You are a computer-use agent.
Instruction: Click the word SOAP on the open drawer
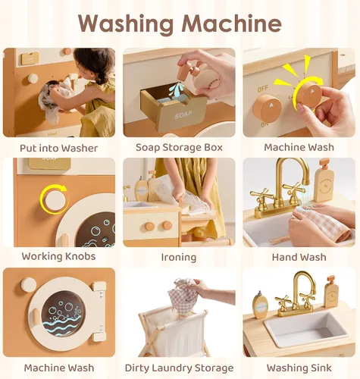[183, 115]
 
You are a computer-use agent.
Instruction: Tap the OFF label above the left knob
[263, 89]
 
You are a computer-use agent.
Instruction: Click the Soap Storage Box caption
[179, 148]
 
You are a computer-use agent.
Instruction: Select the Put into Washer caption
[59, 149]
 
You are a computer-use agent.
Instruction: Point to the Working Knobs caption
[58, 256]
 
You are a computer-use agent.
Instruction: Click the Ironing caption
[179, 258]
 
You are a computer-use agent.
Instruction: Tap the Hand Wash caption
[299, 257]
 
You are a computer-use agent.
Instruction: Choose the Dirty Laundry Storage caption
[179, 368]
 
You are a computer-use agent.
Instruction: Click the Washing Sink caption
[299, 368]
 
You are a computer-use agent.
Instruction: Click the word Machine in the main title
[232, 23]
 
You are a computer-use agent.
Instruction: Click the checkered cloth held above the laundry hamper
[183, 293]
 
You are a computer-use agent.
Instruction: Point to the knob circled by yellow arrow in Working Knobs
[54, 201]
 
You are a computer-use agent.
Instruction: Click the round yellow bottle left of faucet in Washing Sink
[261, 305]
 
